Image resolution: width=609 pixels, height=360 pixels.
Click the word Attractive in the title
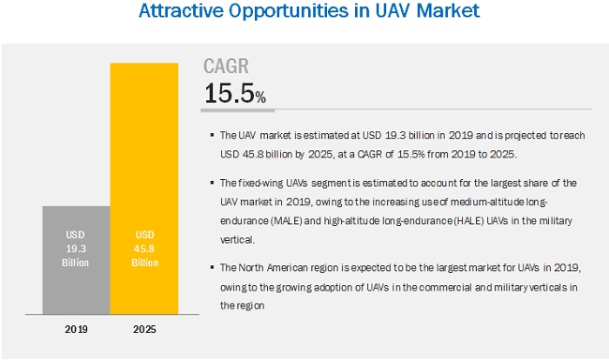click(x=177, y=13)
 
